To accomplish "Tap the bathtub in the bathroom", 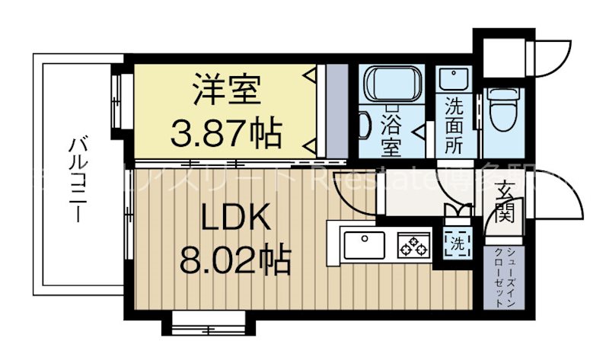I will [x=391, y=84].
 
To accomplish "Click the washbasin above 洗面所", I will [x=454, y=79].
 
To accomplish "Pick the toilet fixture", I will [x=503, y=107].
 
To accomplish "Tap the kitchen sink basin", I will [x=364, y=246].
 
